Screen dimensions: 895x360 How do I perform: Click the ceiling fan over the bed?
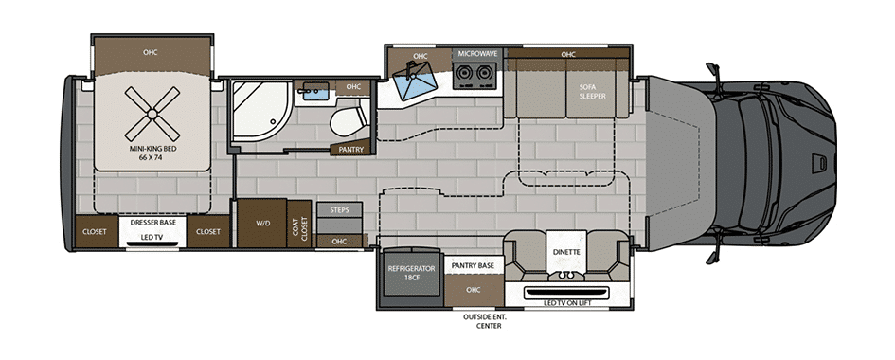click(152, 114)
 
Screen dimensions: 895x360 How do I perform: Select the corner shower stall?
click(260, 111)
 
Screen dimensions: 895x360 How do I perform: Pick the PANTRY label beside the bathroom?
click(349, 150)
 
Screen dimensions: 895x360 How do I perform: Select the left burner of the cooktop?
click(465, 73)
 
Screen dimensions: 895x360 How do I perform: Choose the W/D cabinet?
click(262, 223)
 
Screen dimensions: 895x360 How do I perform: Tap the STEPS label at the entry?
click(340, 210)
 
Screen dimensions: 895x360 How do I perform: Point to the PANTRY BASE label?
click(474, 266)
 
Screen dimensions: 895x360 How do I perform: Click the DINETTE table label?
click(566, 252)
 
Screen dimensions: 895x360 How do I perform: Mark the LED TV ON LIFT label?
click(566, 303)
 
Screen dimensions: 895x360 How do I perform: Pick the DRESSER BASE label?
click(153, 223)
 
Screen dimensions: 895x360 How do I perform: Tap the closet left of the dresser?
click(96, 232)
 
